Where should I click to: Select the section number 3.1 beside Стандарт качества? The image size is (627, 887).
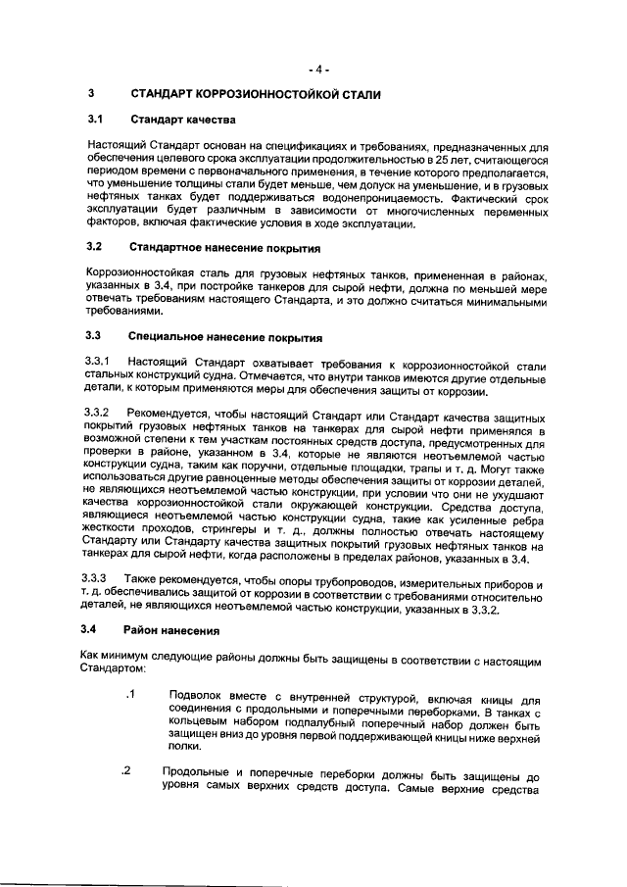(95, 121)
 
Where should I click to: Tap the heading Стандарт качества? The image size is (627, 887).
(183, 121)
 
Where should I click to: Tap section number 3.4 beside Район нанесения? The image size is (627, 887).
(95, 629)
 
